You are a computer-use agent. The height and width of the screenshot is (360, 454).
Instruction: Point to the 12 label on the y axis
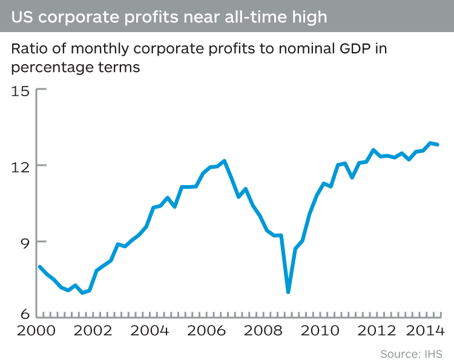coord(20,166)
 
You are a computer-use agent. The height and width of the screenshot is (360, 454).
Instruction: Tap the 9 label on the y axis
coord(24,242)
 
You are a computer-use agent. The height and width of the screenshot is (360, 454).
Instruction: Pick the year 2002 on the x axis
coord(91,333)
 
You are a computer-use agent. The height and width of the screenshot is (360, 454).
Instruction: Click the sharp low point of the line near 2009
coord(288,292)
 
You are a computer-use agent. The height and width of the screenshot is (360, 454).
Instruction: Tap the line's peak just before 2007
coord(225,161)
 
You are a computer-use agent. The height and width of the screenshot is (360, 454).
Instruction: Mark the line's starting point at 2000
coord(39,267)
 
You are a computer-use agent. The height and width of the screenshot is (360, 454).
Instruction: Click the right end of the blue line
coord(438,145)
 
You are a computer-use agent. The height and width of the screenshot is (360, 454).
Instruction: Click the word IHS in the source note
coord(431,353)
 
